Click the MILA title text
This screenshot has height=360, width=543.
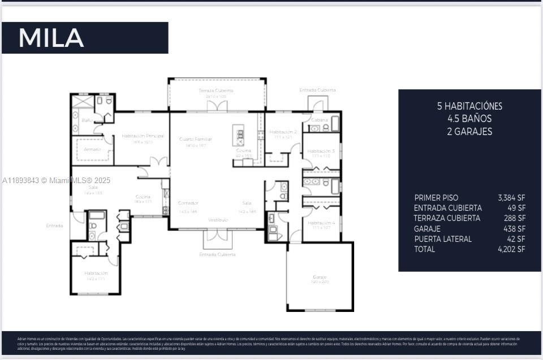pyautogui.click(x=51, y=38)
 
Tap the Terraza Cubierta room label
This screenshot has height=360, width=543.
pyautogui.click(x=216, y=91)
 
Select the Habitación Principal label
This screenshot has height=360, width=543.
pyautogui.click(x=143, y=136)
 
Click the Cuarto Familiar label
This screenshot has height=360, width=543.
pyautogui.click(x=196, y=139)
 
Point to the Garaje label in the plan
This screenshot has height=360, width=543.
pyautogui.click(x=320, y=277)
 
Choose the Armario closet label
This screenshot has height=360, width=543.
pyautogui.click(x=92, y=150)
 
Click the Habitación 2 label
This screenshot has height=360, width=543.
pyautogui.click(x=283, y=132)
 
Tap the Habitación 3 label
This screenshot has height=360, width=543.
pyautogui.click(x=321, y=151)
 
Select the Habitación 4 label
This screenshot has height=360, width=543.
pyautogui.click(x=321, y=223)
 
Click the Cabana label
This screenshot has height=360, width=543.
pyautogui.click(x=318, y=120)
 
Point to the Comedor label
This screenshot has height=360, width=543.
pyautogui.click(x=188, y=203)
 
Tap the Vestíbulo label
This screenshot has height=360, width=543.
pyautogui.click(x=218, y=219)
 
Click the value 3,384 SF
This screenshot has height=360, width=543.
pyautogui.click(x=511, y=198)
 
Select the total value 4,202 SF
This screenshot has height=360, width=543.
pyautogui.click(x=511, y=249)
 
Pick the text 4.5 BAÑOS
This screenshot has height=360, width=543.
pyautogui.click(x=469, y=119)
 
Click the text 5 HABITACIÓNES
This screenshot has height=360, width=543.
pyautogui.click(x=469, y=106)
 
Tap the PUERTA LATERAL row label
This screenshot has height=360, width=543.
pyautogui.click(x=443, y=239)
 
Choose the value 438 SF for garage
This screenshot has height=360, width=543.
pyautogui.click(x=514, y=229)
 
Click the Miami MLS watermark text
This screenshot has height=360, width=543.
pyautogui.click(x=57, y=180)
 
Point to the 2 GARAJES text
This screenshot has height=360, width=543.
pyautogui.click(x=469, y=132)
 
